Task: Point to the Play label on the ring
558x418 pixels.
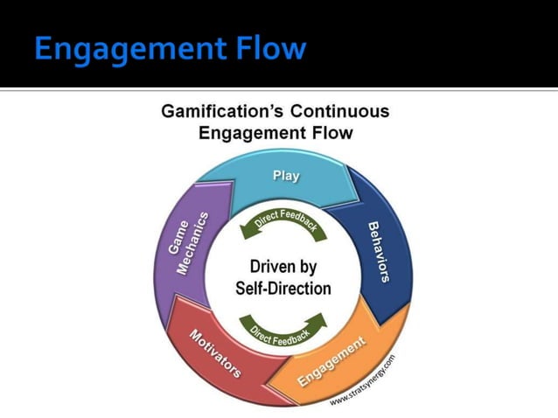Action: (286, 176)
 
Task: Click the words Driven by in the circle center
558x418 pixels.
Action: (282, 268)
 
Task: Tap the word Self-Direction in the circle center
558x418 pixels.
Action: (282, 289)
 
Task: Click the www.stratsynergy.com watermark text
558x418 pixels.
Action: (364, 381)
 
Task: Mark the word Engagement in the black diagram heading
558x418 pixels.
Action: (250, 134)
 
